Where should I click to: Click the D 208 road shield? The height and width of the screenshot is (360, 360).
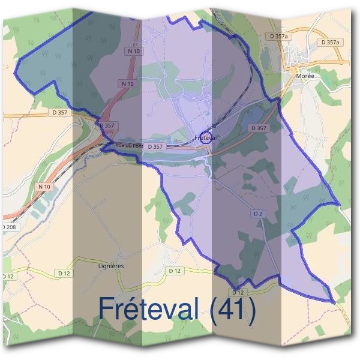(8, 227)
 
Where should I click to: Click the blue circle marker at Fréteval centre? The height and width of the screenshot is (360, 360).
(206, 137)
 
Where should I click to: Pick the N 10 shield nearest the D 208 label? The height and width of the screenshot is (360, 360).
(44, 187)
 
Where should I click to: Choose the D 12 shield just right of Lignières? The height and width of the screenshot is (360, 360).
(175, 271)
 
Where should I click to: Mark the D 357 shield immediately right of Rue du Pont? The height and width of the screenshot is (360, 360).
(154, 146)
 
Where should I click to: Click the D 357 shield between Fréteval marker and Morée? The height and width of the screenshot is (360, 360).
(258, 128)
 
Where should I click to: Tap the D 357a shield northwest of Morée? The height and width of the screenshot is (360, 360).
(279, 36)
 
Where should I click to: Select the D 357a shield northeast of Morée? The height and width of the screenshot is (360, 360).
(330, 43)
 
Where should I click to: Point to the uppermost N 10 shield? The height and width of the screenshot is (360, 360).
(134, 51)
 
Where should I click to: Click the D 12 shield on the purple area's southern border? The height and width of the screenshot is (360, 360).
(238, 292)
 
